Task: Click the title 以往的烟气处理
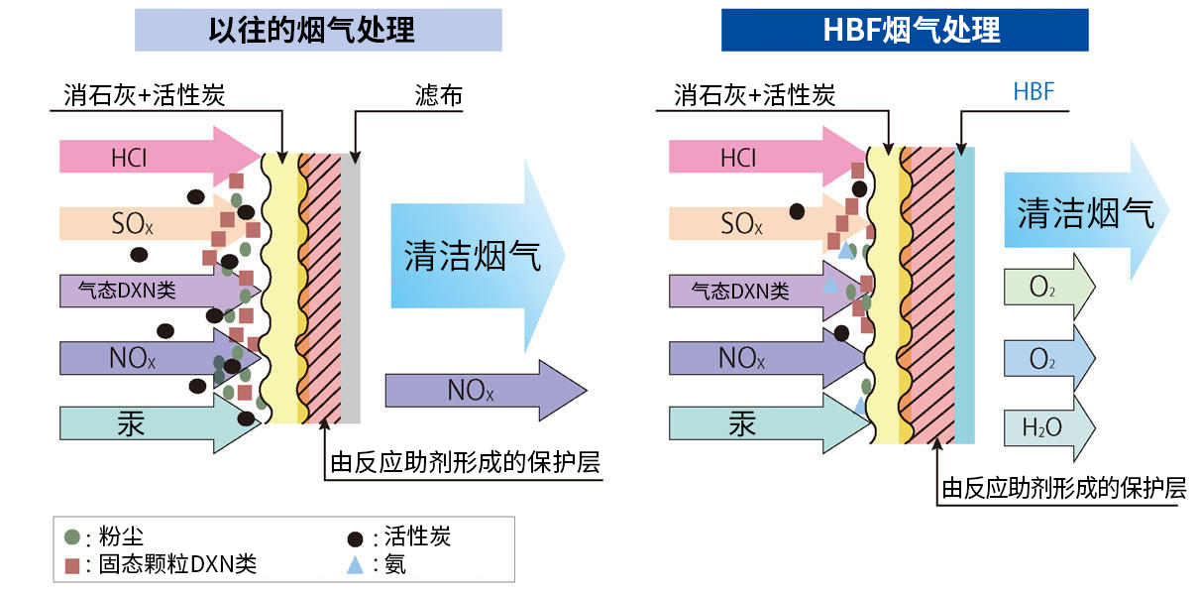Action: pos(318,30)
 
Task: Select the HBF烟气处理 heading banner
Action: pos(904,30)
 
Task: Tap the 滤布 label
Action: pos(437,96)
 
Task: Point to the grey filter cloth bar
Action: pos(351,288)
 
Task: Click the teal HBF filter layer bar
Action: pos(966,295)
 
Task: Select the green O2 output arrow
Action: pos(1048,288)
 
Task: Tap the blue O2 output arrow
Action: pos(1048,358)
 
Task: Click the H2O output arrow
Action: pos(1048,427)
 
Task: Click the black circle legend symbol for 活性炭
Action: pos(355,538)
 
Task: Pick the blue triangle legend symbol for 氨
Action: pos(355,565)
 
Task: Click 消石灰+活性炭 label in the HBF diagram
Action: pos(754,95)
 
